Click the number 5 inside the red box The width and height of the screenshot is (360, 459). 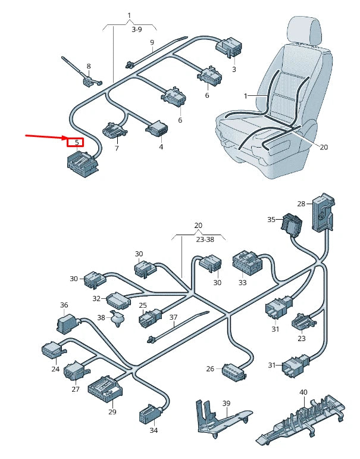click(x=76, y=142)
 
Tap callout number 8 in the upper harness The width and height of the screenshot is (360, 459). click(x=89, y=67)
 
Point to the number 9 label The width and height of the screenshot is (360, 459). click(x=152, y=42)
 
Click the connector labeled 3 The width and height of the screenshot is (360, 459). click(x=228, y=48)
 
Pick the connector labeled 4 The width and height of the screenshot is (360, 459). click(x=156, y=128)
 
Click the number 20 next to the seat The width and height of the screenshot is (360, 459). click(x=324, y=147)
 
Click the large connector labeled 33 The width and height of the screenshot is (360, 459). click(x=246, y=261)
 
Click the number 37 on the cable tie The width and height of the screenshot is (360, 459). click(x=174, y=317)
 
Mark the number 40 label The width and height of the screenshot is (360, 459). click(x=303, y=392)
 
